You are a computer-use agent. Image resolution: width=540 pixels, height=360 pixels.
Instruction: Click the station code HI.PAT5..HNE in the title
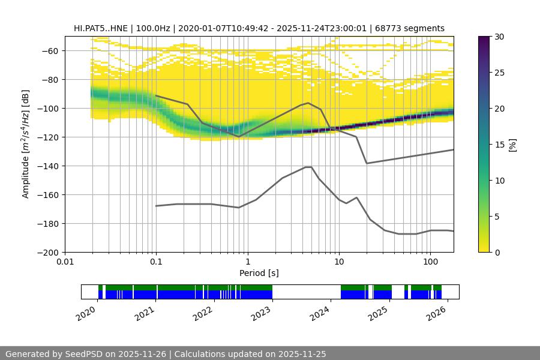click(101, 28)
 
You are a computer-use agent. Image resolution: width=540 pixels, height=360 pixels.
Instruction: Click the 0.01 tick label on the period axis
click(65, 262)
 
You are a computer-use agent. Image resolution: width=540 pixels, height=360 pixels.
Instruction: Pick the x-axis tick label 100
click(430, 262)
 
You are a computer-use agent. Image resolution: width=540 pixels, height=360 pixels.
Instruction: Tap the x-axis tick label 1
click(247, 262)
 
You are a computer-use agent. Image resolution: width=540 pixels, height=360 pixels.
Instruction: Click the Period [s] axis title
click(259, 273)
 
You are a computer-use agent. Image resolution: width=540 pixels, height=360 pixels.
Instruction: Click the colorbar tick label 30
click(499, 37)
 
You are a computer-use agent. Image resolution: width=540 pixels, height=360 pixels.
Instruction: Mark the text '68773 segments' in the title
click(414, 28)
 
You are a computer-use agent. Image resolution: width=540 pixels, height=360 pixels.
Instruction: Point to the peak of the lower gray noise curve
click(308, 167)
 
